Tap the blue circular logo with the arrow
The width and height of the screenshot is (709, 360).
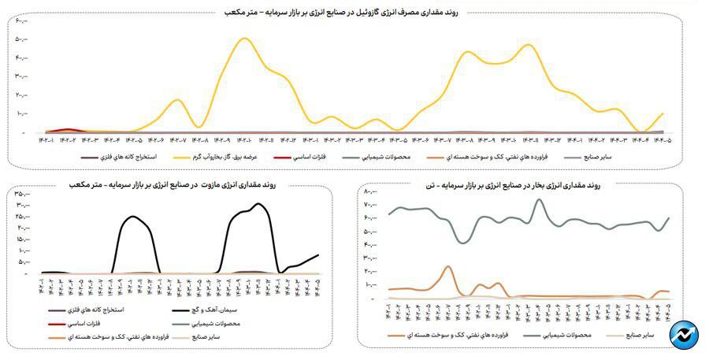(684, 334)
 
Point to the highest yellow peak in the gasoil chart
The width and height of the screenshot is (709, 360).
(246, 39)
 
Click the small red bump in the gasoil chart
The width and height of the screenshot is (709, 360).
(69, 129)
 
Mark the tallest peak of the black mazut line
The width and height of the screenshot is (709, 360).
(259, 204)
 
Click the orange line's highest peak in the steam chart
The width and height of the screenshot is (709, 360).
(447, 267)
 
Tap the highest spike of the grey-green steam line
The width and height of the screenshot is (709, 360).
(539, 199)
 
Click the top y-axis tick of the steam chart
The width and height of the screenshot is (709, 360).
(371, 192)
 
